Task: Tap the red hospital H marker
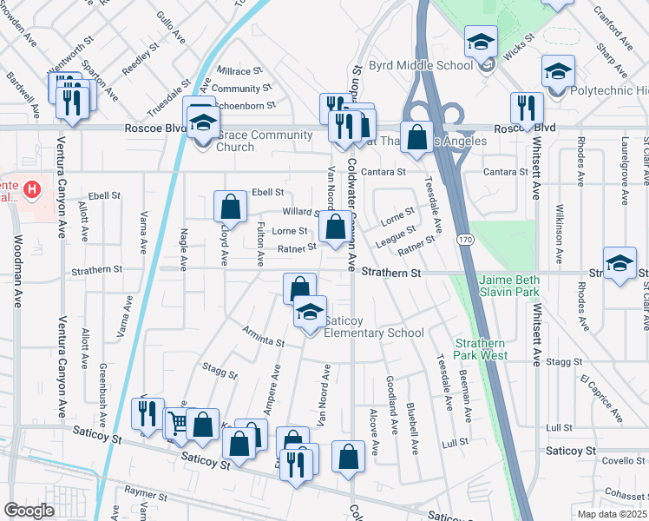(x=32, y=188)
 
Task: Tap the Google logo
(x=29, y=511)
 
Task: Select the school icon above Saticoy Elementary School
(x=309, y=313)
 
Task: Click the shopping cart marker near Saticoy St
(x=177, y=423)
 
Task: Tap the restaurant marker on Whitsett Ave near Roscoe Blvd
(x=526, y=108)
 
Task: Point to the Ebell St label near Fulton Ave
(x=267, y=192)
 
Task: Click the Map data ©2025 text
(x=613, y=514)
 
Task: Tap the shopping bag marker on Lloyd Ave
(x=230, y=207)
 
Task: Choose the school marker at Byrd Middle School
(x=481, y=42)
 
